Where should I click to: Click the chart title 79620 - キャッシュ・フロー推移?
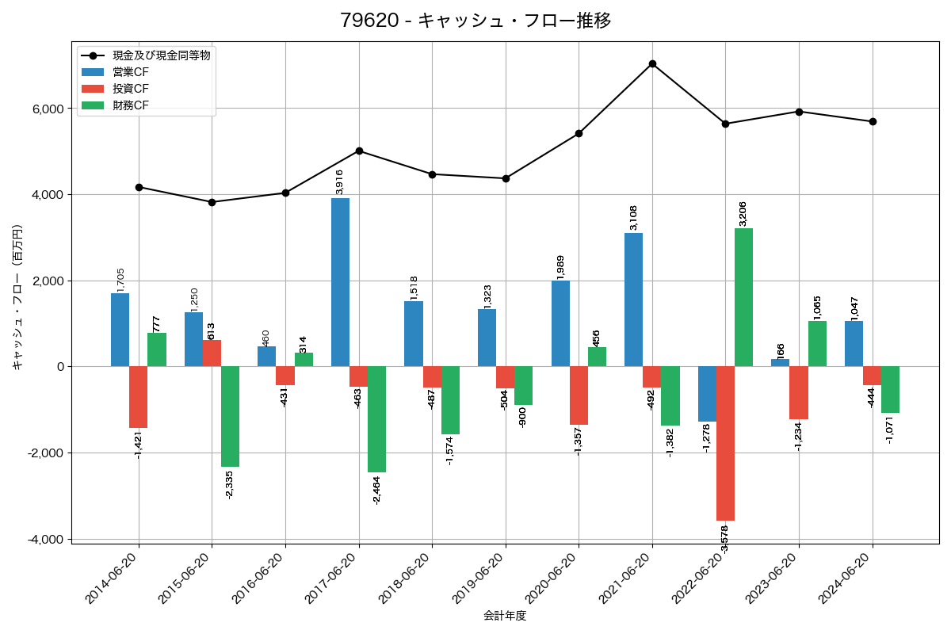click(x=475, y=21)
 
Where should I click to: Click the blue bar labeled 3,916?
click(x=340, y=282)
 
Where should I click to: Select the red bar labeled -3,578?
click(x=725, y=443)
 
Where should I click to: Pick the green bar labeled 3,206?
click(x=743, y=297)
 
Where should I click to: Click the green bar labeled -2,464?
click(x=376, y=419)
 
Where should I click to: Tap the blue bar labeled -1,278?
click(x=707, y=394)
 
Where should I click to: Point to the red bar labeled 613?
click(x=212, y=353)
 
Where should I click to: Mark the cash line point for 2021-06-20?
click(x=652, y=63)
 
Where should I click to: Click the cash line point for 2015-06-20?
click(x=212, y=202)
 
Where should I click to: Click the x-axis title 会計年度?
click(x=505, y=616)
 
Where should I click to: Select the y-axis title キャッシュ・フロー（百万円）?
click(x=17, y=297)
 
